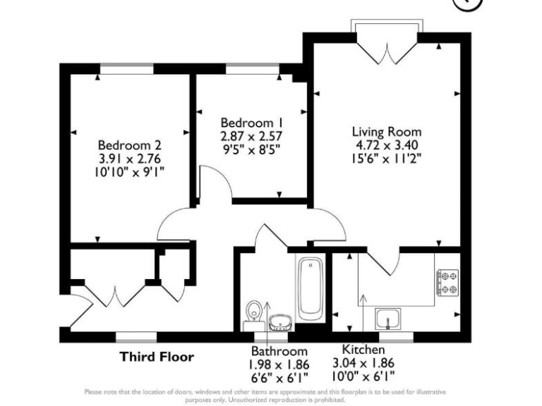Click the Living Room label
click(387, 132)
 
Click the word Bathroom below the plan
click(279, 351)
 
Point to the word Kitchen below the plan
click(363, 350)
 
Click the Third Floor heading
click(155, 357)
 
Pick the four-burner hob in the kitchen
click(447, 283)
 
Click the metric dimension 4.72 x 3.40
click(387, 145)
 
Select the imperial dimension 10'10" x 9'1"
click(131, 171)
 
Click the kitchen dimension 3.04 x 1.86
click(363, 364)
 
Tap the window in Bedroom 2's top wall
click(126, 69)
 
